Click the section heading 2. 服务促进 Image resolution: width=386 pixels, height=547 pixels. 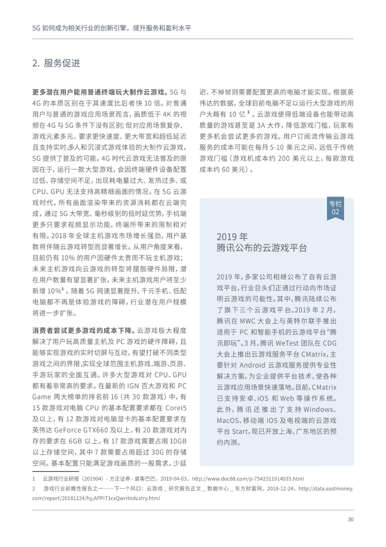56,63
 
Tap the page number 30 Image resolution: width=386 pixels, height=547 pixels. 351,519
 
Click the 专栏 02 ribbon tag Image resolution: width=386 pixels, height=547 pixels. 335,208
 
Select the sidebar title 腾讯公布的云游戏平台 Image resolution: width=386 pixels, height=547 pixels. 262,248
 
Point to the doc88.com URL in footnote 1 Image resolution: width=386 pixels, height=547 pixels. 248,479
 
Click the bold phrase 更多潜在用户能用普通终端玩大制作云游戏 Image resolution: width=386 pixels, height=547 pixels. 98,92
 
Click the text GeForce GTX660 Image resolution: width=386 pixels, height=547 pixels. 81,430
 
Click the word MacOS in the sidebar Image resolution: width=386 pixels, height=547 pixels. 228,421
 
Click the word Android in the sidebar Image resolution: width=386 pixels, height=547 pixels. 252,365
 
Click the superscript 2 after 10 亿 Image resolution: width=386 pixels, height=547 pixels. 248,112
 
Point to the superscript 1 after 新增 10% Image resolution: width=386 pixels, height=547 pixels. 63,289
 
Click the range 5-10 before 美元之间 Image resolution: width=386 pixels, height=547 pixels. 276,147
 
